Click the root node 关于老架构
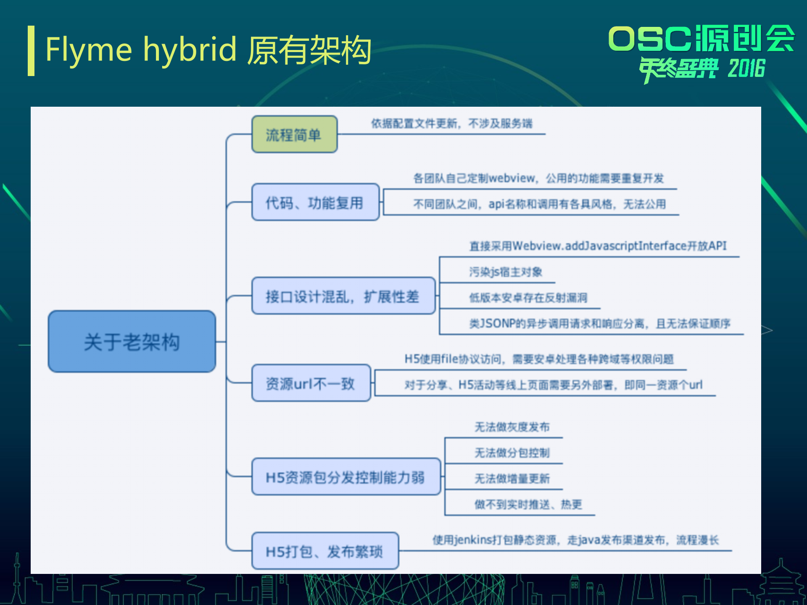132,341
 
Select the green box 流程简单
294,134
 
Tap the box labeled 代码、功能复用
315,203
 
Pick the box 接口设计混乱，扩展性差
343,296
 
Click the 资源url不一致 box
311,383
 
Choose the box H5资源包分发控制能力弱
345,477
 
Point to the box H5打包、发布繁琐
324,551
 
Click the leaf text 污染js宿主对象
505,272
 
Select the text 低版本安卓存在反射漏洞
528,297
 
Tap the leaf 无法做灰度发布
512,427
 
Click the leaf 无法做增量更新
512,478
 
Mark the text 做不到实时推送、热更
528,504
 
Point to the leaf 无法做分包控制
512,452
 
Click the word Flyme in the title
89,50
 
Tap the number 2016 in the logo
746,68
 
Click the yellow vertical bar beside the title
31,51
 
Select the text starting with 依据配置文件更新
451,124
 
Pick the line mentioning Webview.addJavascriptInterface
597,246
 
